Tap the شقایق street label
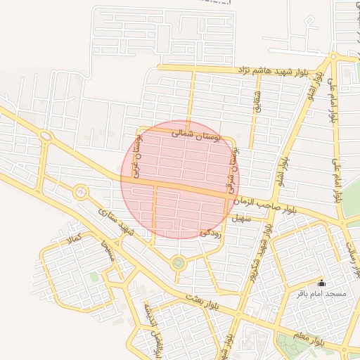257,101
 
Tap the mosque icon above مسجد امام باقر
322,282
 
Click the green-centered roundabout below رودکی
178,264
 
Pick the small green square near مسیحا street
94,277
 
